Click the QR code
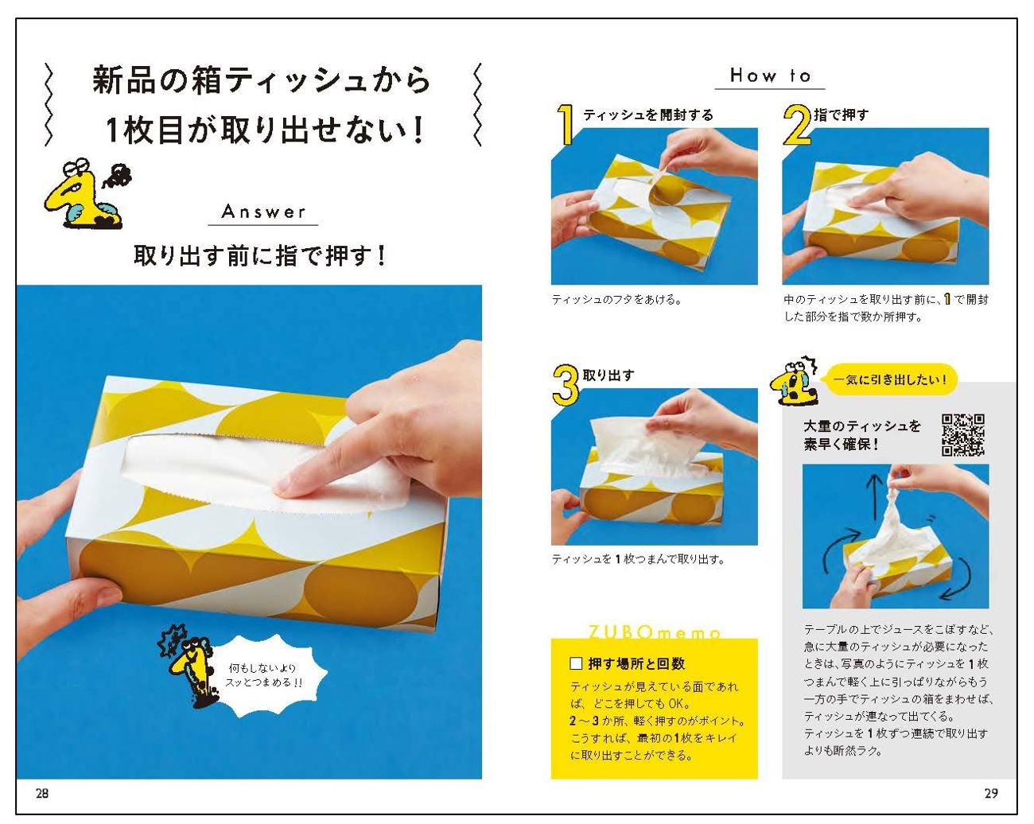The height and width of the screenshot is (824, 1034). [962, 434]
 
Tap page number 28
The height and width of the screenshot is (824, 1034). [42, 793]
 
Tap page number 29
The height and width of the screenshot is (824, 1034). [990, 793]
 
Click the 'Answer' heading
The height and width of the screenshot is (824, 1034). [263, 212]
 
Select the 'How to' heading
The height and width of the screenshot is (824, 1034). [770, 76]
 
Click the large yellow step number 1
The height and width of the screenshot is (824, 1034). [566, 125]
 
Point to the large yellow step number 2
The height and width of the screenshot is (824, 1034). [797, 125]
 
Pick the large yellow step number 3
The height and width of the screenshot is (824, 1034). [566, 385]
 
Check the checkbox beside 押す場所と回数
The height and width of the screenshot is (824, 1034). [577, 663]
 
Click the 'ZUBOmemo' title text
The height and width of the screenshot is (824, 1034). [654, 633]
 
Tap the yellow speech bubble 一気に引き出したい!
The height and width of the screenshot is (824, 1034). [890, 379]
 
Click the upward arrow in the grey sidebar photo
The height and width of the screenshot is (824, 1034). [873, 497]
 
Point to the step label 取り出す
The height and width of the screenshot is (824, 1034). [608, 375]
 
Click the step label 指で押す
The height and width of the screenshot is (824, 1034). [841, 115]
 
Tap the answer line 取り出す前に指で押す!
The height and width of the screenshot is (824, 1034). [260, 256]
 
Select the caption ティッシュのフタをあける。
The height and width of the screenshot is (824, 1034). [616, 300]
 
